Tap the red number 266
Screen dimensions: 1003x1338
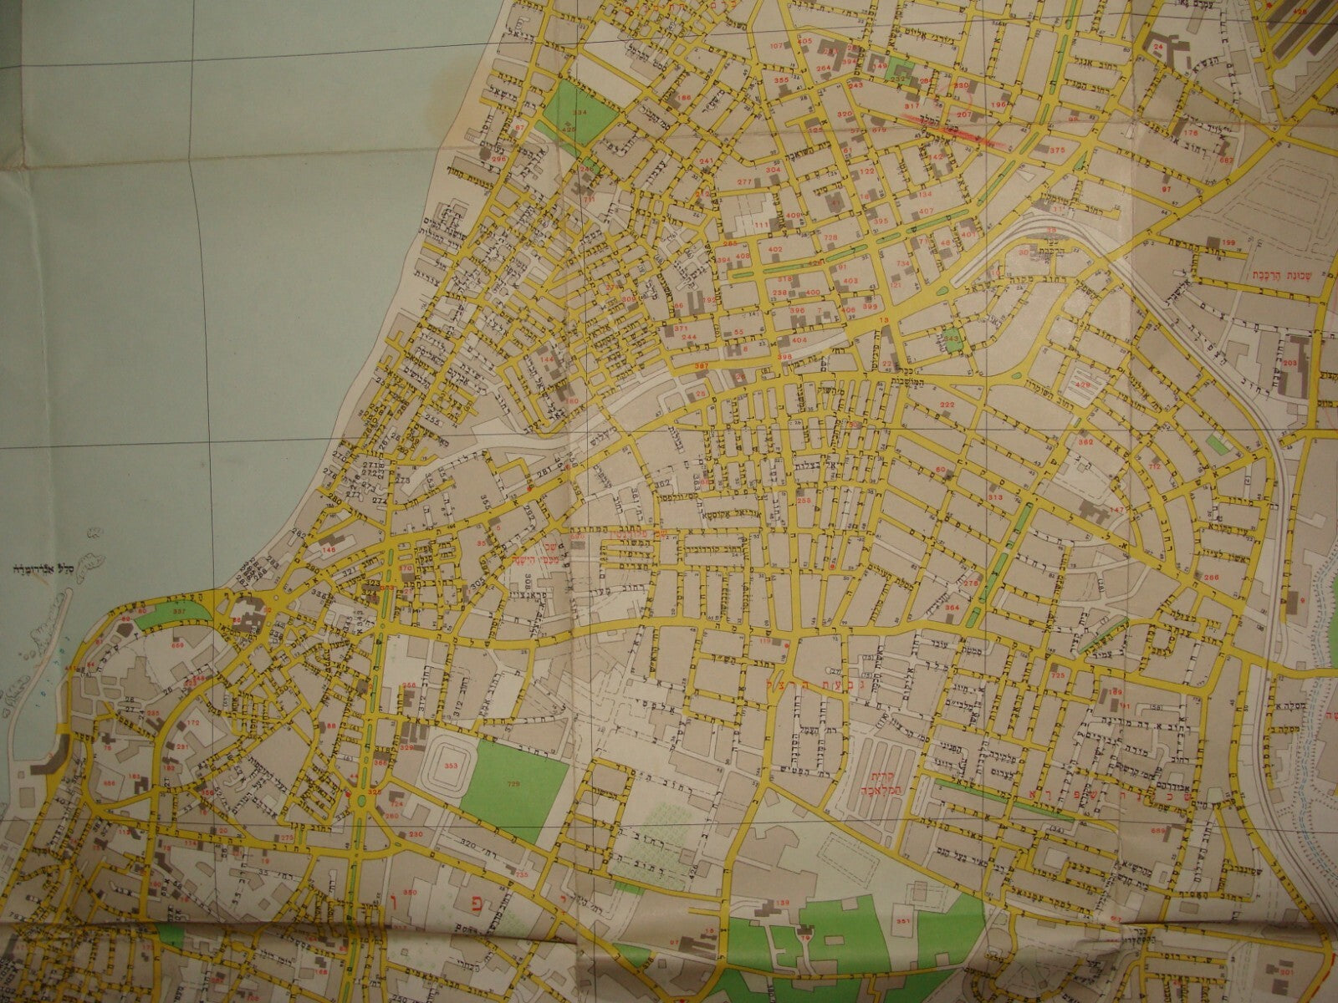[1211, 577]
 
